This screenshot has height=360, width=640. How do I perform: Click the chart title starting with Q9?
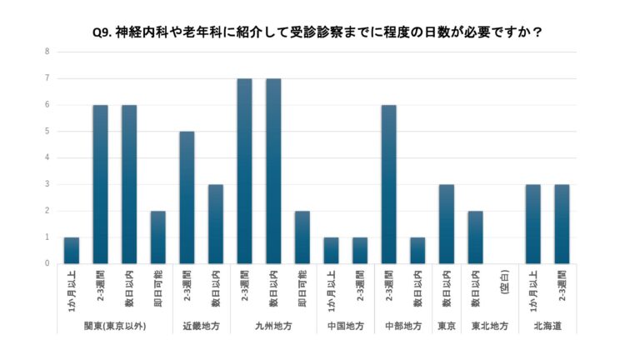(x=319, y=32)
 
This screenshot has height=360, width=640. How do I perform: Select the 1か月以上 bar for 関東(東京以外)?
(x=72, y=250)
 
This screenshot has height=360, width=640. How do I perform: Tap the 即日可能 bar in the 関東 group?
(x=158, y=237)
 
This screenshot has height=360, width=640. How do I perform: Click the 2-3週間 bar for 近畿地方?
(x=187, y=197)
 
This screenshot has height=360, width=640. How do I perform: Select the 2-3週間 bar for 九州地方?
(x=244, y=171)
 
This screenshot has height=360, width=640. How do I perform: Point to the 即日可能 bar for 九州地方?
(x=302, y=237)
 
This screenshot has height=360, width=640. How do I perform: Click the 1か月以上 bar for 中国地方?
(x=331, y=250)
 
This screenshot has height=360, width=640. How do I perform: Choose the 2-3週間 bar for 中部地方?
(x=388, y=184)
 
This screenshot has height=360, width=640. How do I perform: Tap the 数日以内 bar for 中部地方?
(x=417, y=250)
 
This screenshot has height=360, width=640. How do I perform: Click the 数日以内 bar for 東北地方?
(x=475, y=237)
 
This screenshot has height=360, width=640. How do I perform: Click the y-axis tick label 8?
(x=47, y=52)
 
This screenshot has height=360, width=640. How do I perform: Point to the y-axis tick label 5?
(x=47, y=131)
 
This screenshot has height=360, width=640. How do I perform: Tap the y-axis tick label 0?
(x=47, y=263)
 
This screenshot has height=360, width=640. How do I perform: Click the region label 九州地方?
(x=272, y=326)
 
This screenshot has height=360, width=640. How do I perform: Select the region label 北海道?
(x=547, y=326)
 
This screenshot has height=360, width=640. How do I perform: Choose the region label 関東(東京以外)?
(x=115, y=326)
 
